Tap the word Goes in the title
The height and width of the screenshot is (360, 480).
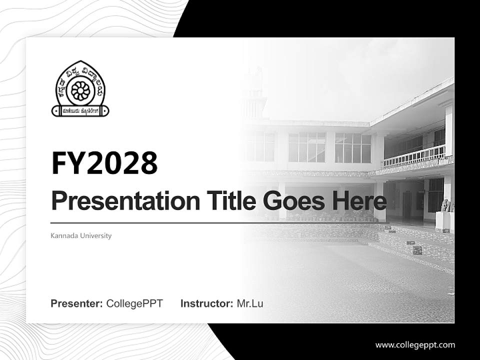pyautogui.click(x=291, y=201)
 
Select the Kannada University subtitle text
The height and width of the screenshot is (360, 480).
pyautogui.click(x=81, y=235)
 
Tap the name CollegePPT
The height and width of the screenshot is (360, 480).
pyautogui.click(x=134, y=303)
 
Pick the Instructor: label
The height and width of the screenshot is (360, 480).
pyautogui.click(x=206, y=303)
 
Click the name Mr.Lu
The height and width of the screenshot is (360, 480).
pyautogui.click(x=250, y=303)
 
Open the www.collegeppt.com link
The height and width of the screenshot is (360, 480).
pyautogui.click(x=415, y=344)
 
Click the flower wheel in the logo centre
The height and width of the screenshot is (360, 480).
pyautogui.click(x=80, y=90)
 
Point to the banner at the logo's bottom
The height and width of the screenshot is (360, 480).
pyautogui.click(x=80, y=110)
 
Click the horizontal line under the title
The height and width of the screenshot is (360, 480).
pyautogui.click(x=220, y=222)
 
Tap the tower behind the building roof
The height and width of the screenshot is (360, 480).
pyautogui.click(x=252, y=95)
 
